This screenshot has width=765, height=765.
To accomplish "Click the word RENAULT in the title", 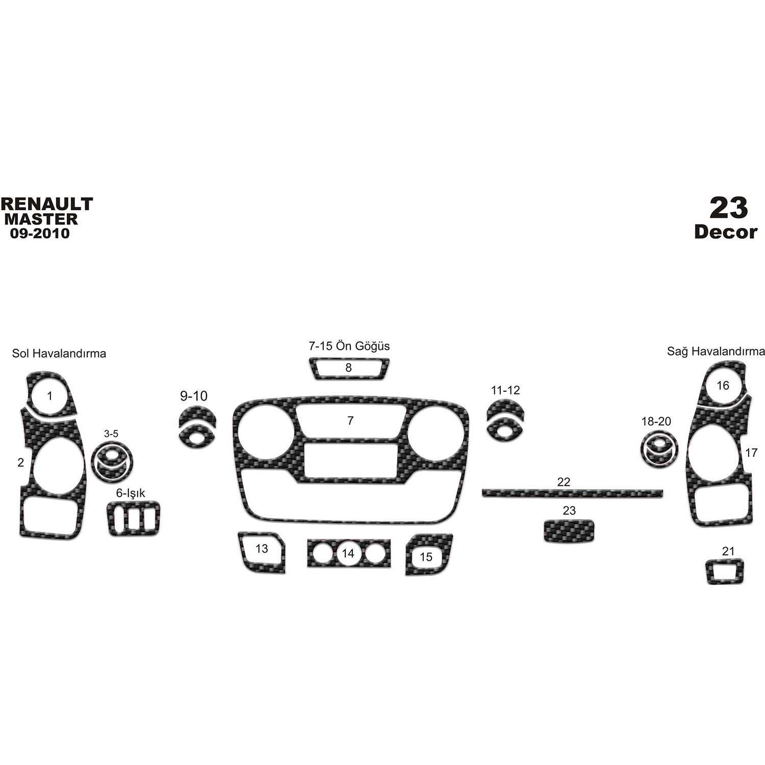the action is [x=47, y=204].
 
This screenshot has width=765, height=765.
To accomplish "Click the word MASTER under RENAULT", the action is [x=41, y=219].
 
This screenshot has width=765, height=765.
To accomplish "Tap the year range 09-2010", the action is [x=39, y=234].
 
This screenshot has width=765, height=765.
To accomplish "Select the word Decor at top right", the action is [x=725, y=232].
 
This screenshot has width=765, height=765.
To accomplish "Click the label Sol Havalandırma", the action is [x=59, y=353].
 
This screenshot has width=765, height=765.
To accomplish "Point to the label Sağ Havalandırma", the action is [x=716, y=351].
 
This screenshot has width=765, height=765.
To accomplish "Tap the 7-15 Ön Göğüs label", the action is [x=349, y=346].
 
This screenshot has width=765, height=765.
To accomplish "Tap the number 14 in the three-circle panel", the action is [x=348, y=553].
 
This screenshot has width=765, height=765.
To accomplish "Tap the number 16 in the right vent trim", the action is [x=723, y=386].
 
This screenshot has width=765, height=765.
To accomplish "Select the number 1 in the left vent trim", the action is [x=49, y=396].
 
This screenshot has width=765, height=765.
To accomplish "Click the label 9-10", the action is [x=194, y=396].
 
